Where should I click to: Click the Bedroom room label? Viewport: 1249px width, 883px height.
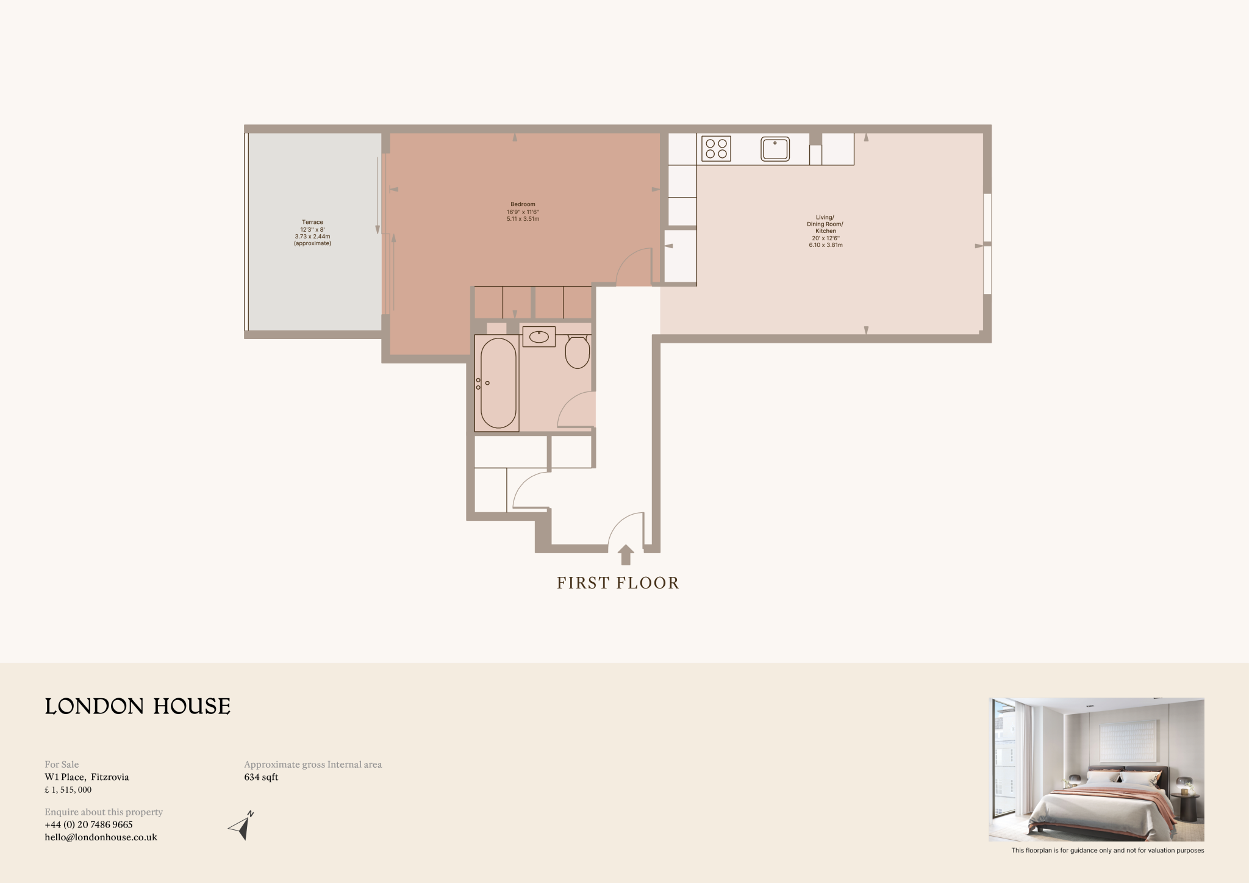click(523, 204)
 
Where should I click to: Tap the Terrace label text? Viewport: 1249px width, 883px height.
click(312, 223)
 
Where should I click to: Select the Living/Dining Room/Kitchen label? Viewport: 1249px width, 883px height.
click(825, 224)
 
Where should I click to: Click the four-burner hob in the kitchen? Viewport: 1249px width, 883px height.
click(716, 149)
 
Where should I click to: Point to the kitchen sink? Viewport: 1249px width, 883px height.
click(775, 149)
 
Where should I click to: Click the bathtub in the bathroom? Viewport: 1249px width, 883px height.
click(498, 383)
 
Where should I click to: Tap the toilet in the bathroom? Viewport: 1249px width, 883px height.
click(577, 352)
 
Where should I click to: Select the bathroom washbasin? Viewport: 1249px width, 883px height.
click(539, 337)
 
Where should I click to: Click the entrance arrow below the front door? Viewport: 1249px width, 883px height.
click(626, 554)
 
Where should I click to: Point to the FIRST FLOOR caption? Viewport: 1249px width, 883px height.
click(618, 584)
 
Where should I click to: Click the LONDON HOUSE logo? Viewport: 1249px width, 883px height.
click(138, 706)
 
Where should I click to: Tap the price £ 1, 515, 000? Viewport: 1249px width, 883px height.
click(68, 790)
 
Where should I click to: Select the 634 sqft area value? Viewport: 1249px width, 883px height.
click(261, 777)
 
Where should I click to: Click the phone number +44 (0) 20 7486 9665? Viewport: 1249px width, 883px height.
click(88, 824)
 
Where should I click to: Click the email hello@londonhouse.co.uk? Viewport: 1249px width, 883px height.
click(101, 837)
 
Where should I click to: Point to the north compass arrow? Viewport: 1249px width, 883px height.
click(242, 826)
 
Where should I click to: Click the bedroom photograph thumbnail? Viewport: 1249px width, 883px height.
click(1096, 769)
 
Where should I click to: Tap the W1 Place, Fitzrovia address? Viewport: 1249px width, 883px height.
click(87, 777)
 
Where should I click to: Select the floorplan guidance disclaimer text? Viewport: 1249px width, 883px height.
click(1108, 850)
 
